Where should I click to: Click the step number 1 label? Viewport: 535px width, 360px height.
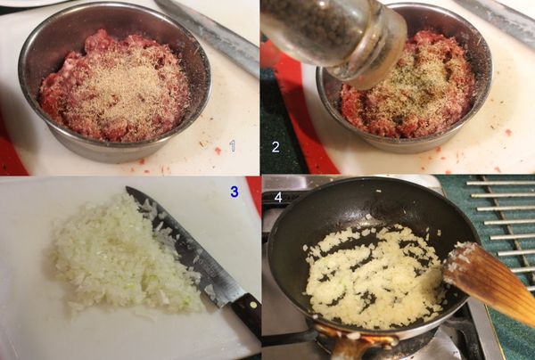point(233,146)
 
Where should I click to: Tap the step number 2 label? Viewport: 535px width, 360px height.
point(276,147)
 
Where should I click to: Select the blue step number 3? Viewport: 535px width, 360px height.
point(234,192)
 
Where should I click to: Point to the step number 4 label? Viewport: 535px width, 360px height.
point(278,198)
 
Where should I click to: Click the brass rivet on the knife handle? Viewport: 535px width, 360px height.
point(253,305)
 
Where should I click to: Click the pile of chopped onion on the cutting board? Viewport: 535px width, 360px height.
point(123,256)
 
